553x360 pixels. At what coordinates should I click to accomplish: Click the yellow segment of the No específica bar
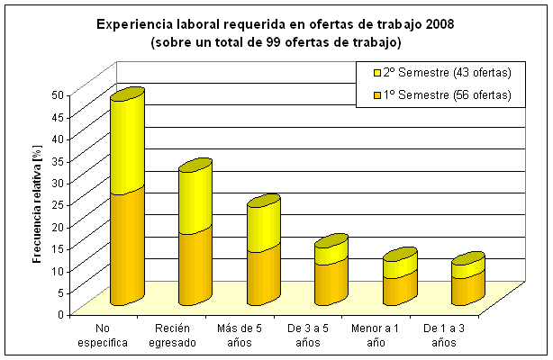127,144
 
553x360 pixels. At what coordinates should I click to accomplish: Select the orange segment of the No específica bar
127,247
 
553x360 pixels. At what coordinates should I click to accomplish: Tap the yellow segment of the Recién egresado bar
195,198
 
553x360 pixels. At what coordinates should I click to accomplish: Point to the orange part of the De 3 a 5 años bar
331,281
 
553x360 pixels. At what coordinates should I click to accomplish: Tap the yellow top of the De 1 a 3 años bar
467,267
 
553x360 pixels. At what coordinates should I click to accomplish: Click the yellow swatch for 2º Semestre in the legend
376,73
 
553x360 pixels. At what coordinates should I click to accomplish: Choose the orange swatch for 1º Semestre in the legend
376,95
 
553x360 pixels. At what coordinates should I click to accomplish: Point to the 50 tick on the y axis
57,94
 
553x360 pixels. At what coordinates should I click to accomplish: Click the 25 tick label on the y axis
57,204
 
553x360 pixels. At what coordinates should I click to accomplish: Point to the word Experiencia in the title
132,24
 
